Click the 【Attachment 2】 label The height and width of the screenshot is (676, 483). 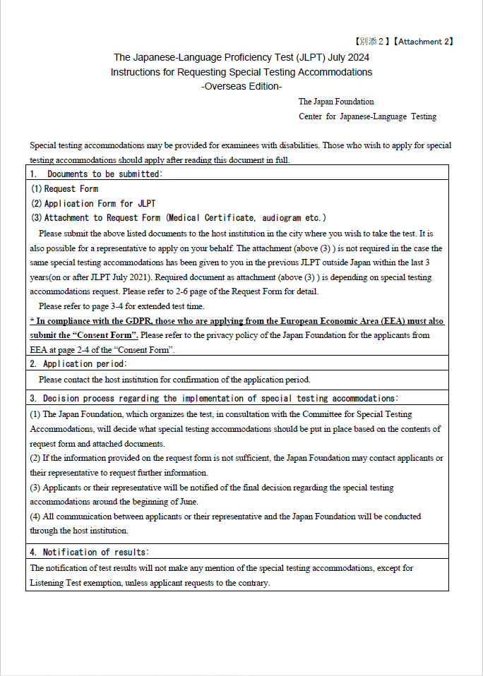(424, 42)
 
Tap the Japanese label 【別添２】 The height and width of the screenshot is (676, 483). (371, 42)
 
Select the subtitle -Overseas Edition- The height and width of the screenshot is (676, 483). (241, 86)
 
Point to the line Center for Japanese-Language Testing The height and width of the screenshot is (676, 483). (367, 116)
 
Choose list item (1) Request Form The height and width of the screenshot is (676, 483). (64, 189)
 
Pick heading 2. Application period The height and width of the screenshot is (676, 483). (78, 364)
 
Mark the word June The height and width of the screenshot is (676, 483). (186, 502)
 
